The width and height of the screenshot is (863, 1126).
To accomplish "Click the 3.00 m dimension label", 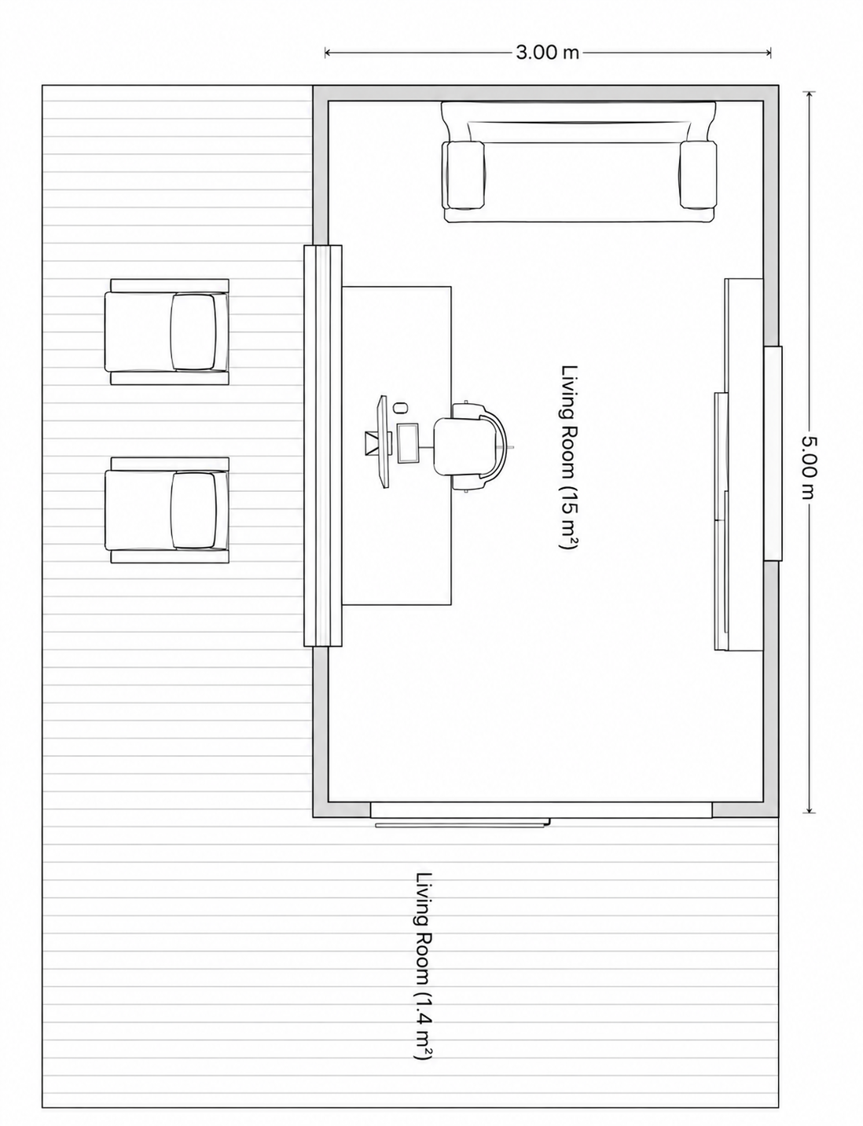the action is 547,53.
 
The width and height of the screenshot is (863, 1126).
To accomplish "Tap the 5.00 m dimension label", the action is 809,467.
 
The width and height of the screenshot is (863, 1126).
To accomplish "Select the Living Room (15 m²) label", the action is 569,457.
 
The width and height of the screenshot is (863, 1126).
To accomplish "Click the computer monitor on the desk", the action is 384,442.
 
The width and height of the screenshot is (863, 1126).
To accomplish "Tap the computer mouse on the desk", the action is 400,407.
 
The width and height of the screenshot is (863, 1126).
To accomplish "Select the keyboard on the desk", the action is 408,443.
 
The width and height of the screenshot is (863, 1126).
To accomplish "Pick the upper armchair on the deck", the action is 167,332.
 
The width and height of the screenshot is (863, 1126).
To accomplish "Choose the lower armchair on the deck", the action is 167,510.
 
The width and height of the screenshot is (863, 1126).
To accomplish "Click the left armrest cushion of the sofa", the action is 464,175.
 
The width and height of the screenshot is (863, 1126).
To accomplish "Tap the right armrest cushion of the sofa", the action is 698,175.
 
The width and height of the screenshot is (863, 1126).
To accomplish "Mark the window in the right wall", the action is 773,453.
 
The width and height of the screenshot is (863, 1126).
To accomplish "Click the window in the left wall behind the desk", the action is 322,446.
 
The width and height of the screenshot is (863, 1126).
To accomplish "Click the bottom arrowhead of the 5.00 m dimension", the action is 809,809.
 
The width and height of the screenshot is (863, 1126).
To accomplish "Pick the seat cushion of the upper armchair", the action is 193,332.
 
